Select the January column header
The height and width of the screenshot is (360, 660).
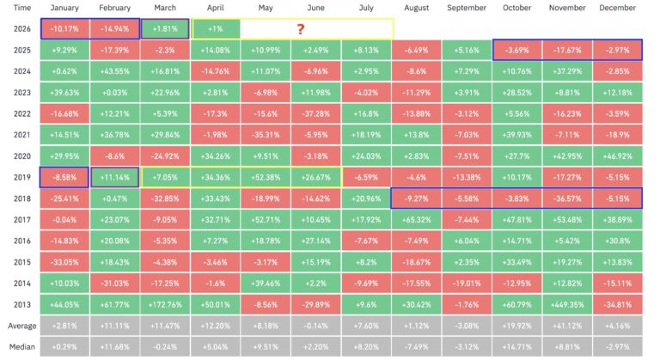click(64, 8)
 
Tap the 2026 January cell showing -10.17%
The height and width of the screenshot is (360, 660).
click(64, 27)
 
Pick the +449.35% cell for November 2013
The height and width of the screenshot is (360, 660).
click(567, 303)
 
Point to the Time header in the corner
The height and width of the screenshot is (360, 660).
click(20, 8)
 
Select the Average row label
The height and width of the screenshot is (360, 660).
click(20, 326)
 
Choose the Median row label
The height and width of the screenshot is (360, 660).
click(20, 348)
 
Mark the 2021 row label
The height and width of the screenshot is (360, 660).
click(20, 135)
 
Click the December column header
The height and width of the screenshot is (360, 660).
click(617, 8)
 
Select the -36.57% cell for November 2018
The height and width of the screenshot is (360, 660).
click(567, 198)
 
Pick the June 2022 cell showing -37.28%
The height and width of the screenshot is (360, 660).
click(315, 113)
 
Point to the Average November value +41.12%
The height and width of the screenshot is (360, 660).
click(567, 326)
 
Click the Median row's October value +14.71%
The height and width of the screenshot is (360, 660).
click(516, 348)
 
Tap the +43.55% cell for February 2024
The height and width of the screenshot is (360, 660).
click(114, 70)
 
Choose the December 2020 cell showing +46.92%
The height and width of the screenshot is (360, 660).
click(617, 156)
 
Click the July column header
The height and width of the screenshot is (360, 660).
click(366, 8)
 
